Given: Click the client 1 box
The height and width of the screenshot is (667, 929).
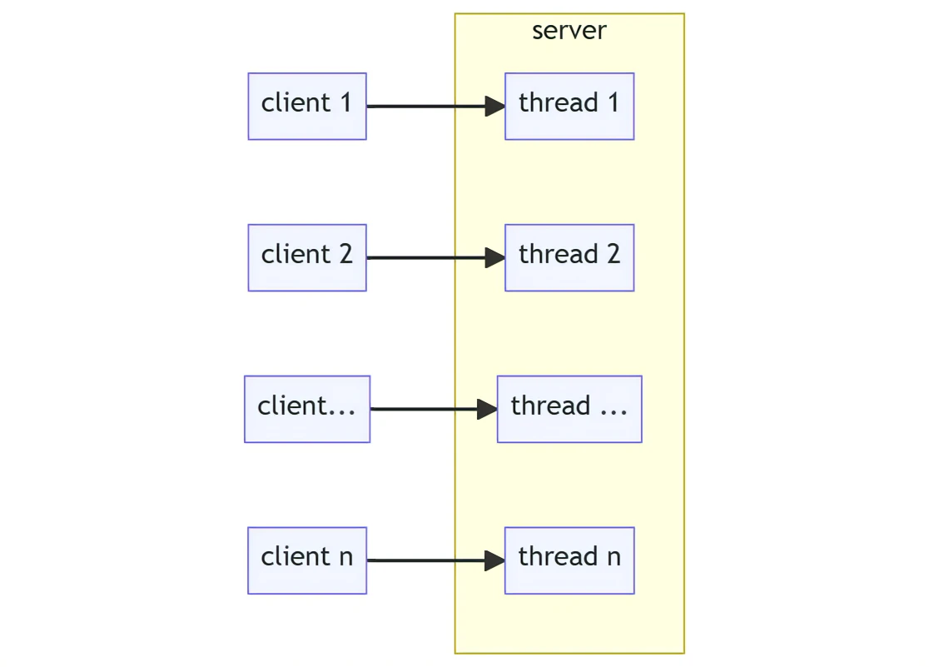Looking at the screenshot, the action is point(307,106).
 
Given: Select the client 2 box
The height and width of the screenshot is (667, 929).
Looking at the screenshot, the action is point(307,257).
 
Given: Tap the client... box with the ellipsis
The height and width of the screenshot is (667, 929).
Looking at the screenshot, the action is point(307,409).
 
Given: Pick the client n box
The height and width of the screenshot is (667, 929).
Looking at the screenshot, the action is point(307,560).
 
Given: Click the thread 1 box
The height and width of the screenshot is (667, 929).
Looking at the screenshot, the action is point(569,106).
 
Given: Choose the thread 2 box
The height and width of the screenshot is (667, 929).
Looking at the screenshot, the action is point(569,257).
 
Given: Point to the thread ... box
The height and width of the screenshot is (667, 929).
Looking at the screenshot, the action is point(569,409).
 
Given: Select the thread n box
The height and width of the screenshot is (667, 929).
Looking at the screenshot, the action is point(569,560).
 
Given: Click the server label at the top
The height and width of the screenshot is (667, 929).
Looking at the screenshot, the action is point(569,31).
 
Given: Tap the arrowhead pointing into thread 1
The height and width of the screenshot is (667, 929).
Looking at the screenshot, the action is point(495,106).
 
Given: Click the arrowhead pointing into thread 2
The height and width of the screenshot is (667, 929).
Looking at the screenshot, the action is point(495,257).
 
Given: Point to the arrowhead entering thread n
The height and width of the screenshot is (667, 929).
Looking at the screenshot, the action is point(495,560).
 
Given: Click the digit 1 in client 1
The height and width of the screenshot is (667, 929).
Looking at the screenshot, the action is point(345,102).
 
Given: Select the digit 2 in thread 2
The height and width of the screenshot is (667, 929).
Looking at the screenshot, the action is point(614,254).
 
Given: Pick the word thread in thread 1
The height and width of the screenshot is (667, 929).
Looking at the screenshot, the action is point(559,102).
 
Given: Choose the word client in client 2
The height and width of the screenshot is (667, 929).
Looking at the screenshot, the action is point(296,254).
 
